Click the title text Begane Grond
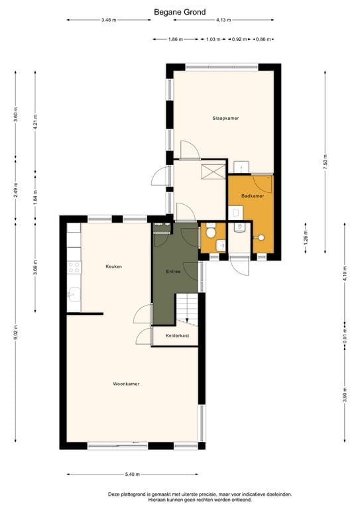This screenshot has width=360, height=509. point(180,11)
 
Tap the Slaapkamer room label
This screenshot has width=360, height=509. point(225,118)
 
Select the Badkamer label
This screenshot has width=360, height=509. point(253,196)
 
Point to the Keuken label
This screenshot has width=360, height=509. point(114,266)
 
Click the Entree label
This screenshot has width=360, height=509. point(173,272)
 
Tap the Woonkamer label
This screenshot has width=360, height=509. point(125,384)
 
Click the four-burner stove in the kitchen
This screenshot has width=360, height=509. point(74,267)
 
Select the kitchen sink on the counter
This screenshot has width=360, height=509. point(72,296)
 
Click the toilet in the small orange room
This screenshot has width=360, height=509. point(210,232)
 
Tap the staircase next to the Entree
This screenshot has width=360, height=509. point(188,310)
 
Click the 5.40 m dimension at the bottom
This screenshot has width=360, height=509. point(133,474)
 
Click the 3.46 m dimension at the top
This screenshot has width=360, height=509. point(109,20)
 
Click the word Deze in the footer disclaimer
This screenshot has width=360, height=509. point(115,494)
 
